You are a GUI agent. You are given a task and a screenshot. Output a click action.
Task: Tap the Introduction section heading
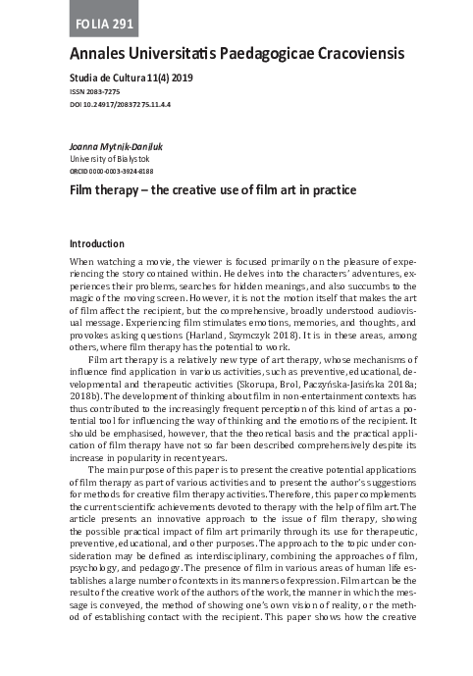96,243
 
